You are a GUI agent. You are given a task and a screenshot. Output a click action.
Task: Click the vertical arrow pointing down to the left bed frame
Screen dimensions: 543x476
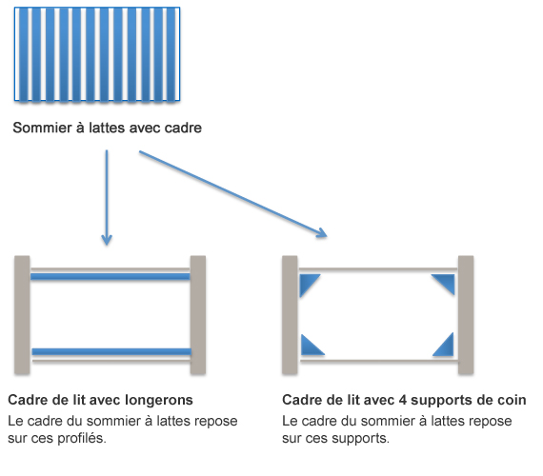pos(107,197)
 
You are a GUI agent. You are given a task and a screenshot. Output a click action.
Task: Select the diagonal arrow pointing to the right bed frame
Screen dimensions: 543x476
pos(233,194)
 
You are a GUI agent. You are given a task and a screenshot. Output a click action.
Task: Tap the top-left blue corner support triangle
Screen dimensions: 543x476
pos(309,286)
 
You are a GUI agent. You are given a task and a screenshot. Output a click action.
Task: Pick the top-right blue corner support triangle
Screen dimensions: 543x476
pos(445,283)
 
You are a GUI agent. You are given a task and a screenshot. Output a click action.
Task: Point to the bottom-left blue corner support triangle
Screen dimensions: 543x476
pos(311,347)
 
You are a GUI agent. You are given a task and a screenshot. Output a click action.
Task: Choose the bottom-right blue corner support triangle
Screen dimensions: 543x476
pos(445,347)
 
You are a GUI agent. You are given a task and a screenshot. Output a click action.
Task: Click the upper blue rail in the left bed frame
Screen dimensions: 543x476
pos(111,276)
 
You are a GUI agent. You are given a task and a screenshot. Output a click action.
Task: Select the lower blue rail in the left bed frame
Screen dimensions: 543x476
pos(111,351)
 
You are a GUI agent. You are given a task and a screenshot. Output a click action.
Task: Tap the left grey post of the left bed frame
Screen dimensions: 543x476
pos(22,315)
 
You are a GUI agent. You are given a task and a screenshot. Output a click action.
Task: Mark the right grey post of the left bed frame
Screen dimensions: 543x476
pos(198,315)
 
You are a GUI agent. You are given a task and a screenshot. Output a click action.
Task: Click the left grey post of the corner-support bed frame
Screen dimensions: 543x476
pos(290,315)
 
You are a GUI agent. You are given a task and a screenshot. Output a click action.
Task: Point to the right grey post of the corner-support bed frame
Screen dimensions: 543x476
pos(466,315)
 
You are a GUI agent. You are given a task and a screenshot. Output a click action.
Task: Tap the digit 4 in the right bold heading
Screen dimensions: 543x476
pos(402,400)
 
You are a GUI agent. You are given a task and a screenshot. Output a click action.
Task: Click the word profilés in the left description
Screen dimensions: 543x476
pos(82,439)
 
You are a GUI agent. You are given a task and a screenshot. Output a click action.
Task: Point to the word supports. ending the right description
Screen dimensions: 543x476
pos(360,439)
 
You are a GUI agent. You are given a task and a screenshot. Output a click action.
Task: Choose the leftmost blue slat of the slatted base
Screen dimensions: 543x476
pos(23,54)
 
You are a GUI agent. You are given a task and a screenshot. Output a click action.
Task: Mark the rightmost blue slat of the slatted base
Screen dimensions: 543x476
pos(171,54)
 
